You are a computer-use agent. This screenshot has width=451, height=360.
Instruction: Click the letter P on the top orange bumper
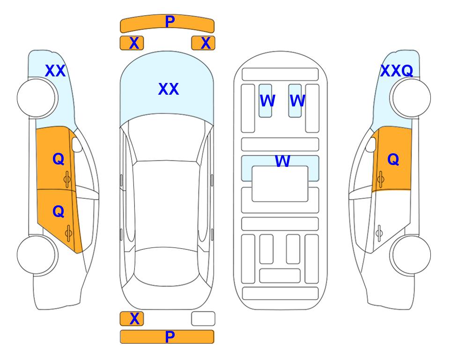(x=170, y=22)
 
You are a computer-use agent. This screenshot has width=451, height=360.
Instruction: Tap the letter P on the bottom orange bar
(x=170, y=337)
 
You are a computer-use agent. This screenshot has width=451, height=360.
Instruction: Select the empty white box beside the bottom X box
(x=203, y=319)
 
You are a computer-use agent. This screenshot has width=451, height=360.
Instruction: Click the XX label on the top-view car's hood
(x=169, y=89)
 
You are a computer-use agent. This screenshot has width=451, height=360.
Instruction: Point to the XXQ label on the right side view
(x=397, y=71)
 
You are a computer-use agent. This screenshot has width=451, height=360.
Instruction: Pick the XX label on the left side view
(x=55, y=71)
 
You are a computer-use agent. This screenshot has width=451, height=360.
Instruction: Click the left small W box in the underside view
(x=265, y=101)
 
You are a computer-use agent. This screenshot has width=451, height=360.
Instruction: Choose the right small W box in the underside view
(x=295, y=101)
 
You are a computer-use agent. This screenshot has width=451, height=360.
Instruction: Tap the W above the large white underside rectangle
(x=282, y=161)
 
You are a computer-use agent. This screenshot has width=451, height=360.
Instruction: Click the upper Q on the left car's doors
(x=59, y=159)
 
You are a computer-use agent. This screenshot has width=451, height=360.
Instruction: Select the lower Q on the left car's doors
(x=59, y=212)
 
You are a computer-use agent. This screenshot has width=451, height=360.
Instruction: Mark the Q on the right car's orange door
(x=393, y=159)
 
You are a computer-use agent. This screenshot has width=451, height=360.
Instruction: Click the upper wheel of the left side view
(x=37, y=98)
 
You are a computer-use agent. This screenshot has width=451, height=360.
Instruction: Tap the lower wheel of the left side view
(x=37, y=255)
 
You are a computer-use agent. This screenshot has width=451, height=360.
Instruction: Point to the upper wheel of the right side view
(x=410, y=98)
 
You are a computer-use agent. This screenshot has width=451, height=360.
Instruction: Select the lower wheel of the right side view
(x=410, y=255)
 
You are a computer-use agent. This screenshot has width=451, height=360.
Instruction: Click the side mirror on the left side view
(x=77, y=144)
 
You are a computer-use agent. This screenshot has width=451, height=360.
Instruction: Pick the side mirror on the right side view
(x=370, y=144)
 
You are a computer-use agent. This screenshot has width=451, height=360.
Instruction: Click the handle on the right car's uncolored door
(x=379, y=233)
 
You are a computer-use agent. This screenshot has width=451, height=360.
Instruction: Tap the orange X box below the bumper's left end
(x=132, y=43)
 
